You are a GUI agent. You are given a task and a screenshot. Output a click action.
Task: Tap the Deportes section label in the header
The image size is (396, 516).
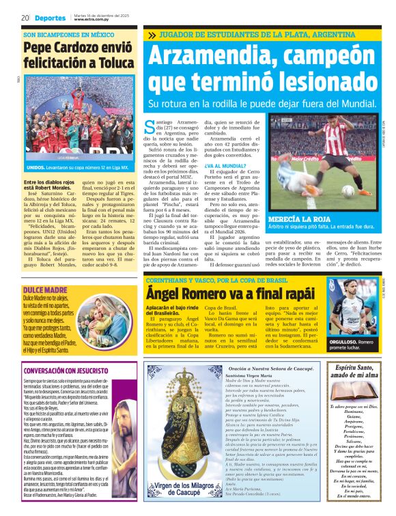coord(51,18)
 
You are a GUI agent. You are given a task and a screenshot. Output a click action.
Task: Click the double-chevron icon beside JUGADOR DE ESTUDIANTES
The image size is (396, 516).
coord(151,35)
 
